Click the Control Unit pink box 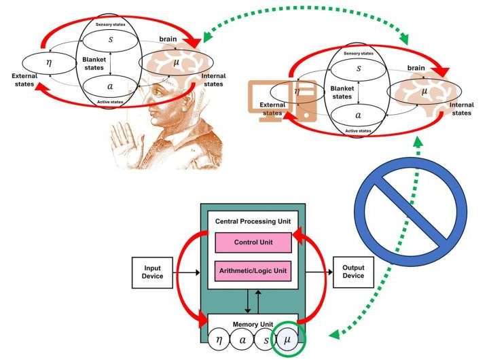pos(253,241)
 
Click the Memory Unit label pos(252,324)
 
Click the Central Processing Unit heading pos(253,221)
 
